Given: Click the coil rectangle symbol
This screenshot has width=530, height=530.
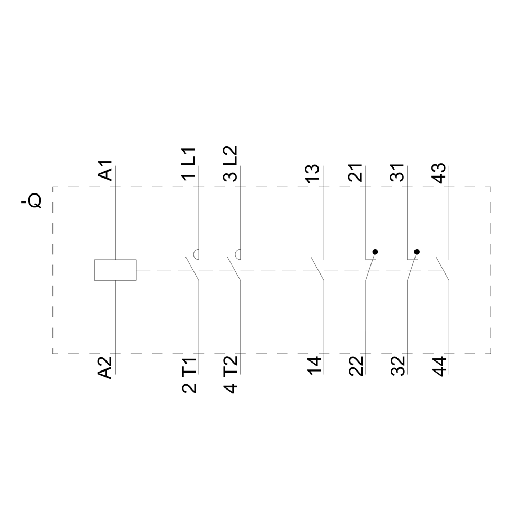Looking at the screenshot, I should click(x=115, y=270).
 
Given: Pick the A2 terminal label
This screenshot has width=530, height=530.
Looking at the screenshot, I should click(x=106, y=367).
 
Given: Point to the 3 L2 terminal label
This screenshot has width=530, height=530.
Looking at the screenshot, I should click(x=231, y=164).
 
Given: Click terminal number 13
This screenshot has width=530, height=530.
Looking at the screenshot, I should click(x=313, y=173).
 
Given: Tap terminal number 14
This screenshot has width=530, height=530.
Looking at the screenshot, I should click(x=313, y=367).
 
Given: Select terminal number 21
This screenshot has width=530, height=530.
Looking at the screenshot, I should click(x=356, y=173).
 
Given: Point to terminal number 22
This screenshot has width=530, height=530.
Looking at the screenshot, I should click(x=356, y=367).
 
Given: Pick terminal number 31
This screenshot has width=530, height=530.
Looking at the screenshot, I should click(x=397, y=173).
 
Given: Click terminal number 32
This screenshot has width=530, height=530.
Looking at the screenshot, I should click(x=397, y=367).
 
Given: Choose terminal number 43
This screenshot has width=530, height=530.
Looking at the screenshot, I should click(x=439, y=173).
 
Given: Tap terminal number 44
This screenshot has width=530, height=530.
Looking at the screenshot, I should click(x=439, y=367).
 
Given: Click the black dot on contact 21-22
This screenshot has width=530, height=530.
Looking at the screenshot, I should click(x=375, y=252).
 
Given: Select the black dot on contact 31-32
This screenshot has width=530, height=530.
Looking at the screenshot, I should click(x=417, y=252).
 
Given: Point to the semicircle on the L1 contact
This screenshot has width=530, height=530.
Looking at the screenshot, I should click(x=197, y=255).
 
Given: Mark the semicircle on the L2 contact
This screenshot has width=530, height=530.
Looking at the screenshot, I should click(x=238, y=255).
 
